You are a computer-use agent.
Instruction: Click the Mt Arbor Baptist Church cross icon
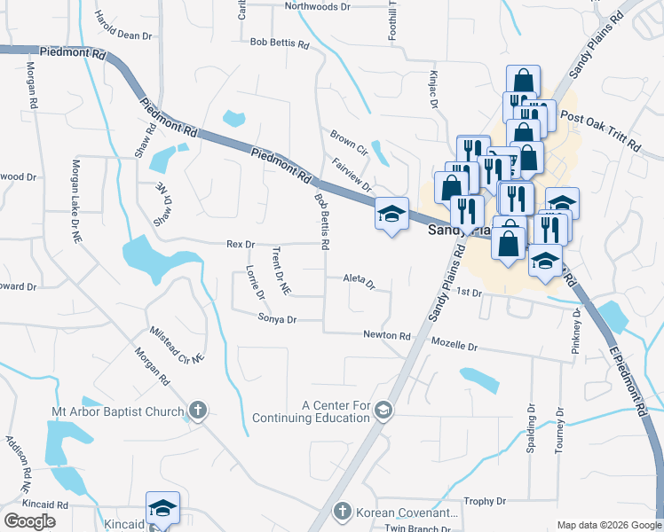coord(197,411)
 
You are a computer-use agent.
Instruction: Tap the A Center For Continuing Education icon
coord(383,411)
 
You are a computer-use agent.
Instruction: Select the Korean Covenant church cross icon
coord(343,512)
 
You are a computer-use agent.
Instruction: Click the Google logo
coord(29,521)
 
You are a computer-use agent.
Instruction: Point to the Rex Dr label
coord(241,244)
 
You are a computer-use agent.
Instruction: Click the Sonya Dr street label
coord(277,318)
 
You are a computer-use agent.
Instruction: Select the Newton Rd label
coord(387,335)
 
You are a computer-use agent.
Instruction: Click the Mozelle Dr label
coord(455,346)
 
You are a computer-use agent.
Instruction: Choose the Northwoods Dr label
coord(318,6)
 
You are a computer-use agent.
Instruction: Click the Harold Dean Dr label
coord(123,36)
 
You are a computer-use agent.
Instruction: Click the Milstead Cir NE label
coord(177,343)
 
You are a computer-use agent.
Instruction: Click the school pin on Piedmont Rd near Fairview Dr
coord(391,215)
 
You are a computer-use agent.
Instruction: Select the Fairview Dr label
coord(351,172)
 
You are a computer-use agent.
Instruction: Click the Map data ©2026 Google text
coord(608,525)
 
